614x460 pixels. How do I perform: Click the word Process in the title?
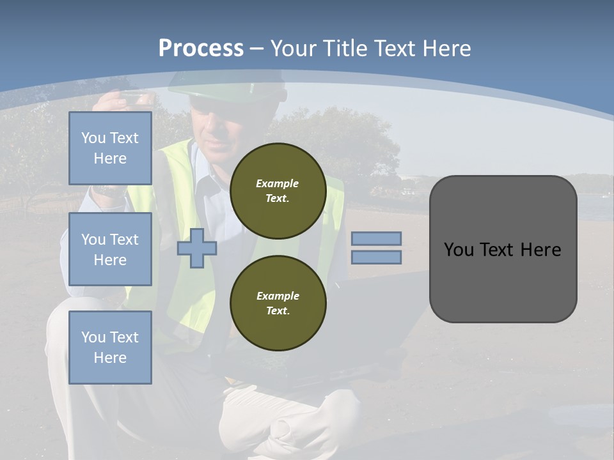click(201, 49)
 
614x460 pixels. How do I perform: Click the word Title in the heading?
click(343, 49)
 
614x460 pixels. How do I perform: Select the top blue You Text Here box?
click(110, 148)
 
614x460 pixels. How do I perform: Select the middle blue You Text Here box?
click(110, 249)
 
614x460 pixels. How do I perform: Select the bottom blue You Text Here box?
click(110, 348)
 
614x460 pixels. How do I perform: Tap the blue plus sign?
click(197, 248)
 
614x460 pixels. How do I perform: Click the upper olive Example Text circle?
click(278, 191)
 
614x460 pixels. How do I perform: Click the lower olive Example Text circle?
click(278, 303)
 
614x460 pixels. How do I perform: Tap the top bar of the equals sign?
click(376, 238)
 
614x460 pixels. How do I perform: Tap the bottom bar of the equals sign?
click(376, 257)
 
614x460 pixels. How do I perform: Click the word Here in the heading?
click(445, 49)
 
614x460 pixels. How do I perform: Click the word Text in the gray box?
click(502, 250)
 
